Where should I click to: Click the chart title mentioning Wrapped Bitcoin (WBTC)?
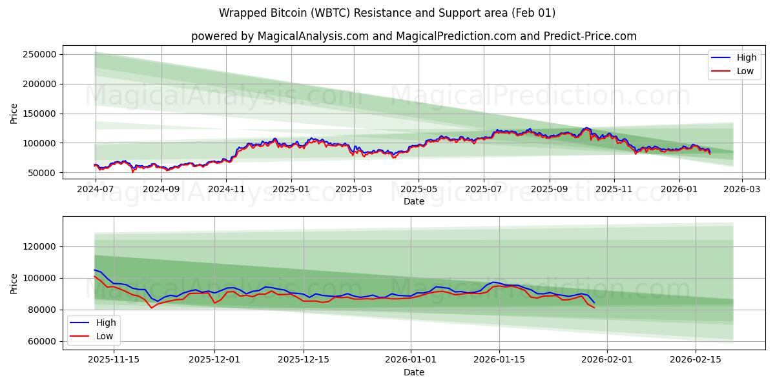[387, 13]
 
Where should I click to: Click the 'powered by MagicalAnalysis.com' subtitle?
[413, 36]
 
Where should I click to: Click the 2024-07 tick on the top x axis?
[96, 190]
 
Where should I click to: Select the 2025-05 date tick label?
[418, 190]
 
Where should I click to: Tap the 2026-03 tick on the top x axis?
[741, 190]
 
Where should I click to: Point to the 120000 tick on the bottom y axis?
[41, 246]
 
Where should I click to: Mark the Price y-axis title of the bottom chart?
[14, 283]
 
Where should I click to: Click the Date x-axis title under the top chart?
[413, 201]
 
